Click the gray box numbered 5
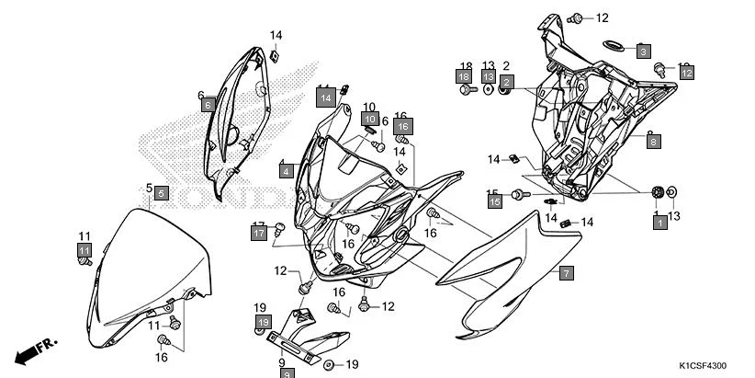pos(161,193)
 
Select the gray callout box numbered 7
pos(567,273)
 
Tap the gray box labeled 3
pos(644,52)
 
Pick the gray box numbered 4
pos(287,171)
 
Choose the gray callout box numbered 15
pos(495,200)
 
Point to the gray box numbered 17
pos(258,234)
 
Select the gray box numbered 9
pos(287,373)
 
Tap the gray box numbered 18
pos(465,77)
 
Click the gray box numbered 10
pos(369,119)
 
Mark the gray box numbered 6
pos(208,105)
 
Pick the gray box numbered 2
pos(506,82)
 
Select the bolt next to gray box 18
pos(467,92)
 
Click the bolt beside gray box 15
pos(517,194)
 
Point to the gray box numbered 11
pos(84,249)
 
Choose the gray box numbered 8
pos(653,141)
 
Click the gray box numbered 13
pos(489,77)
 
